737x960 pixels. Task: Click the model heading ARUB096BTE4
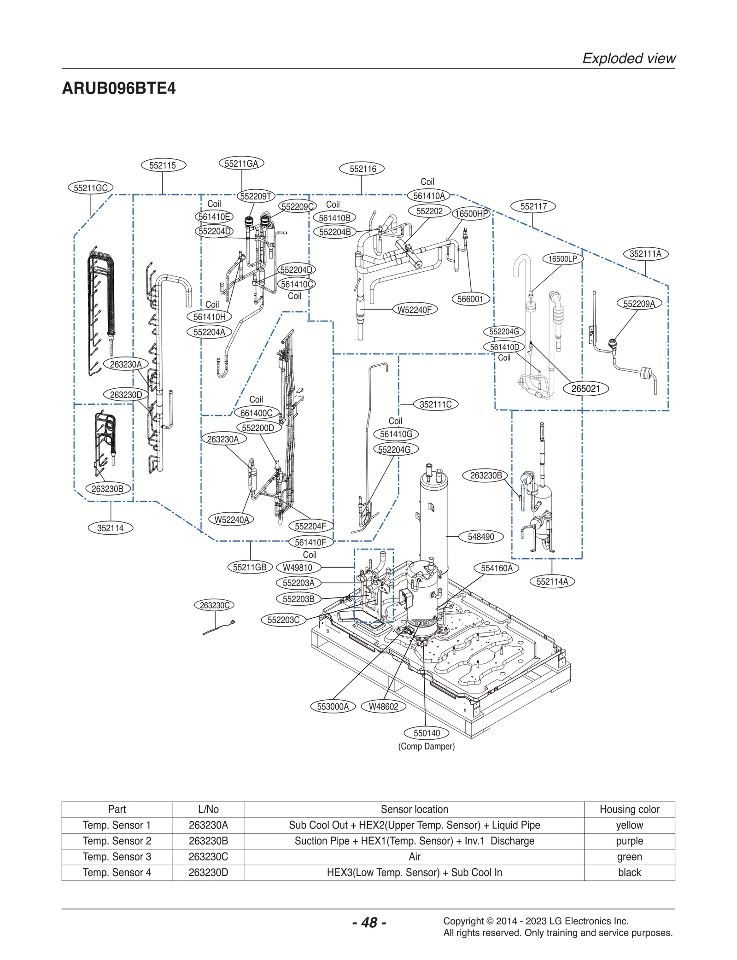(x=119, y=88)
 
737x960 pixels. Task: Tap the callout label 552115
(x=163, y=165)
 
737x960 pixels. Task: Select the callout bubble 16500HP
(x=471, y=214)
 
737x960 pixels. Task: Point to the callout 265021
(x=585, y=388)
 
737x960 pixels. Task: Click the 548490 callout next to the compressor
(x=480, y=537)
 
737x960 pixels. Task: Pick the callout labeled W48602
(x=383, y=707)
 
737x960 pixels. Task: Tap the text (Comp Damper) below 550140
(x=426, y=746)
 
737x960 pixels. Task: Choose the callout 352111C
(x=435, y=404)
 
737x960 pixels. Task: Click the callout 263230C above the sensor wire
(x=214, y=605)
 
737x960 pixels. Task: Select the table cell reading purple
(x=629, y=841)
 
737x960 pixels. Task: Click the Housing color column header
(x=629, y=809)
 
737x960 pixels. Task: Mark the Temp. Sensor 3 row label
(x=117, y=856)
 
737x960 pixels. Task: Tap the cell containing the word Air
(x=414, y=856)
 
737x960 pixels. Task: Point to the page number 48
(x=369, y=922)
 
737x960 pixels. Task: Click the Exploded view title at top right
(x=629, y=59)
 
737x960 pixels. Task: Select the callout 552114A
(x=552, y=581)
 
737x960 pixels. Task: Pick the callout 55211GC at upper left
(x=90, y=188)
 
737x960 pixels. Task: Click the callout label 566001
(x=470, y=299)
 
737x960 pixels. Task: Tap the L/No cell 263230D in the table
(x=208, y=872)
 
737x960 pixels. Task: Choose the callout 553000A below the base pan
(x=333, y=707)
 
